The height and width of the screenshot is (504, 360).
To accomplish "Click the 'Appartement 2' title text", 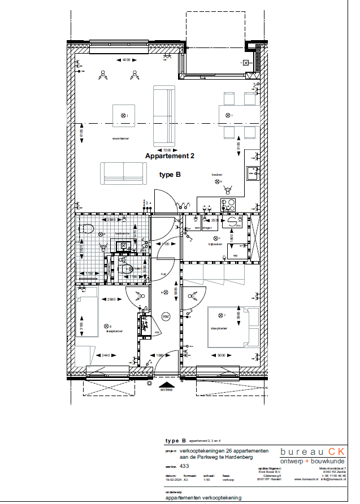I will [170, 156].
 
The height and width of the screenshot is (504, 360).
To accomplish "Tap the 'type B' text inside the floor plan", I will [170, 175].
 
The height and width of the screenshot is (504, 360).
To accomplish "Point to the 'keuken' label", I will [216, 175].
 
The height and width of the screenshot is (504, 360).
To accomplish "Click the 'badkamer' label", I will [122, 233].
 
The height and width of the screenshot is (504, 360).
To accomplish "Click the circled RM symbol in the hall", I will [166, 316].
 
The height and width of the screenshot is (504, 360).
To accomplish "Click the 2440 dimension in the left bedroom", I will [106, 355].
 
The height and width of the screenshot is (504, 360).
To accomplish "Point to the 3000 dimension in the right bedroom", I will [221, 355].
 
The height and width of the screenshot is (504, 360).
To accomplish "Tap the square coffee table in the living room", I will [124, 116].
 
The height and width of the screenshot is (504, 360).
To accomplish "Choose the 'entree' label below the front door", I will [166, 389].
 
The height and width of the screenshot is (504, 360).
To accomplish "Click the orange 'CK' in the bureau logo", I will [337, 451].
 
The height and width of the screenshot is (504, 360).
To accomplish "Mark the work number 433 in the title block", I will [184, 467].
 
